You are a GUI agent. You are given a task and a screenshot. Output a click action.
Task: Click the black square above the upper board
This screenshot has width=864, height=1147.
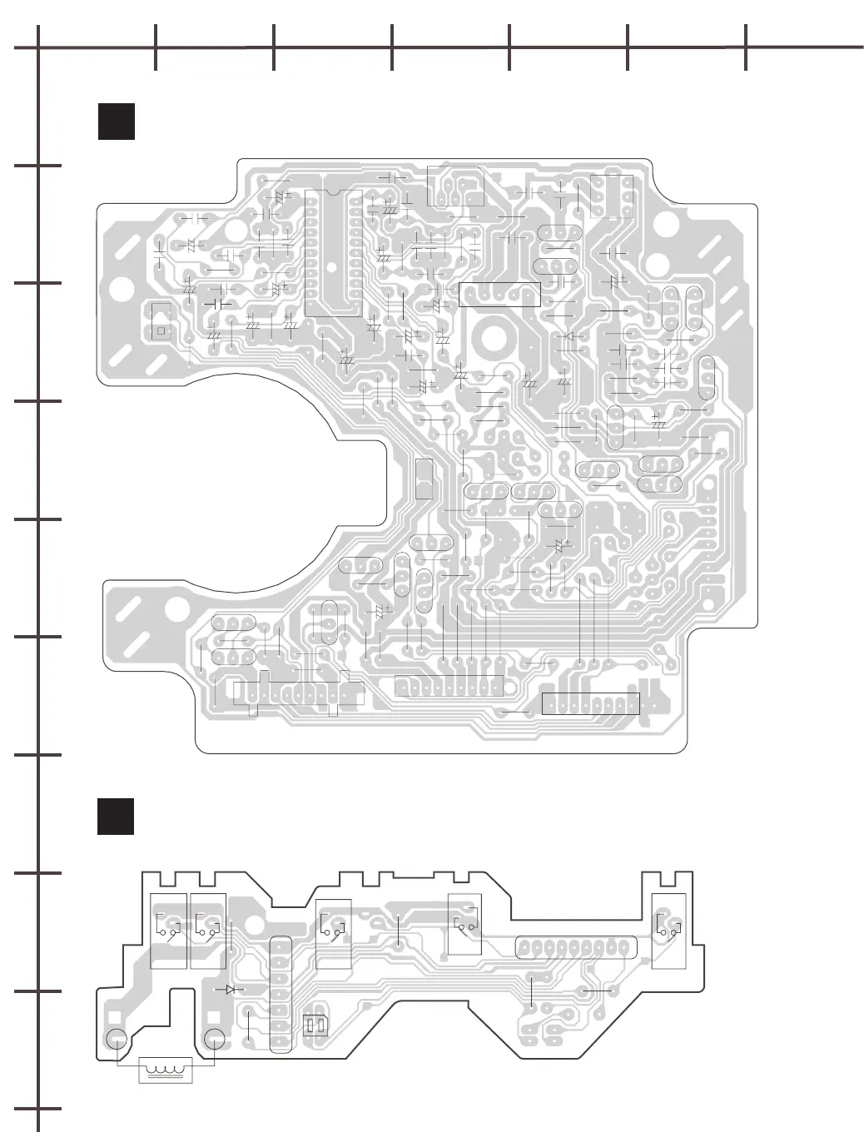116,122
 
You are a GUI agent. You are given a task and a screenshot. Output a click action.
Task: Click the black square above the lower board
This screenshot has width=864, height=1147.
116,817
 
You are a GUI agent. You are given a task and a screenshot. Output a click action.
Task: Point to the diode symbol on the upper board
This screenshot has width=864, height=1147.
569,336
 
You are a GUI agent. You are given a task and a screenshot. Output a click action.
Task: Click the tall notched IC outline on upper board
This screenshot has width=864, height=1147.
332,253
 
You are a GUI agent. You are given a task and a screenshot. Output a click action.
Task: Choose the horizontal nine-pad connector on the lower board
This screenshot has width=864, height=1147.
576,947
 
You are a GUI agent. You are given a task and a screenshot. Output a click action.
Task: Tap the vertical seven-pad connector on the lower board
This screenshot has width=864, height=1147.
281,995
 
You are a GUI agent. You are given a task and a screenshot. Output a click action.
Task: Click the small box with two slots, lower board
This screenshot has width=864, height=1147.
315,1025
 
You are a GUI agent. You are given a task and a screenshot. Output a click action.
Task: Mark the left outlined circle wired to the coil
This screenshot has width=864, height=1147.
116,1040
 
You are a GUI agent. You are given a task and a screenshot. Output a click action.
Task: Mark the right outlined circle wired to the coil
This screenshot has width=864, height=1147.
215,1040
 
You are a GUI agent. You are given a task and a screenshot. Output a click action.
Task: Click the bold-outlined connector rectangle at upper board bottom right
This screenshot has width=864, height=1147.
590,703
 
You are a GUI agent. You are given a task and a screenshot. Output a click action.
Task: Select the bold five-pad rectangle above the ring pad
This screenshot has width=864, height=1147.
499,295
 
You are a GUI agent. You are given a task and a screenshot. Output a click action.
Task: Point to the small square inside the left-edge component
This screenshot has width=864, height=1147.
161,330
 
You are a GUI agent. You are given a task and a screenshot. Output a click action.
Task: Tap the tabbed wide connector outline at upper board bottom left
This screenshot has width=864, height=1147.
298,693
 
